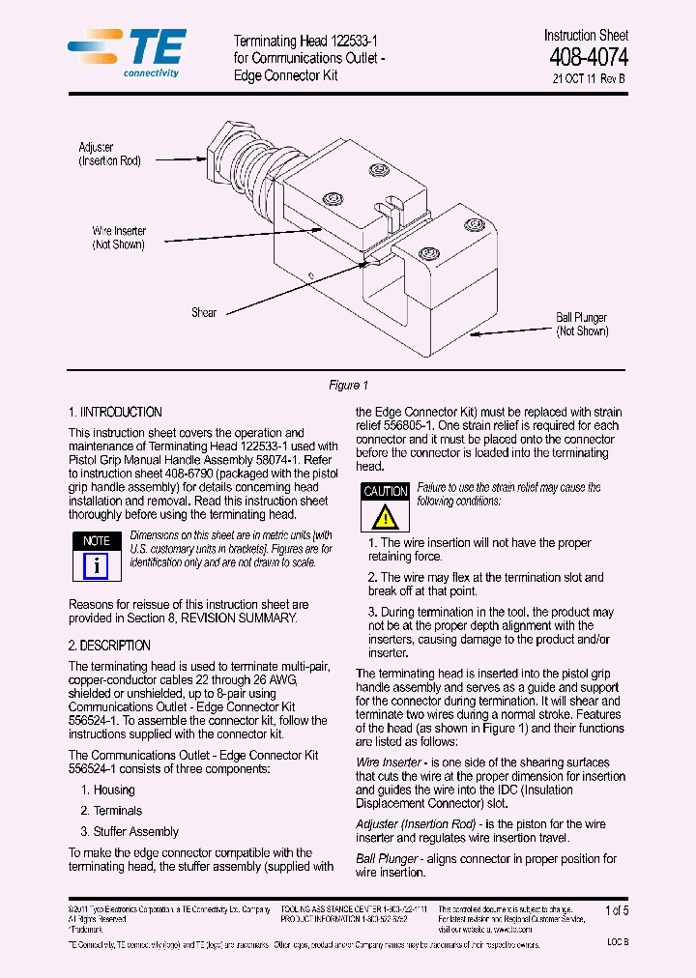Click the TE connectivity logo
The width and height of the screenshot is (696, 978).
(x=128, y=52)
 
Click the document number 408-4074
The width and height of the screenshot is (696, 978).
(x=588, y=58)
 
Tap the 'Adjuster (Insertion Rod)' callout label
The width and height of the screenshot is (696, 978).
(x=109, y=155)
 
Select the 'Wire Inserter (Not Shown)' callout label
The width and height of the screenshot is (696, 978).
(x=118, y=238)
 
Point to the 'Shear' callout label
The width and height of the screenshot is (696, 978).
(x=204, y=312)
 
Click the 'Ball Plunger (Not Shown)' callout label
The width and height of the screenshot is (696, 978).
(x=581, y=324)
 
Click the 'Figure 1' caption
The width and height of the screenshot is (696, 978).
(x=348, y=386)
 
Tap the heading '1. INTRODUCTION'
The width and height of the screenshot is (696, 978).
(x=115, y=413)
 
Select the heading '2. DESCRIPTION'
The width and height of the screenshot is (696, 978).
(x=109, y=646)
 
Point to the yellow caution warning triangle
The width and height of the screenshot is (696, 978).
(x=385, y=516)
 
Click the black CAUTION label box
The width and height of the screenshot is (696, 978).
(x=385, y=491)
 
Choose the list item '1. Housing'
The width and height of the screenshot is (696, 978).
(x=107, y=790)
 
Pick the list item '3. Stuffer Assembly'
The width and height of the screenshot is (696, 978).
(x=130, y=831)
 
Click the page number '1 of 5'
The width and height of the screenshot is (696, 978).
(x=616, y=911)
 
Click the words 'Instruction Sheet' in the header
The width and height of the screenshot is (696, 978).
(x=586, y=36)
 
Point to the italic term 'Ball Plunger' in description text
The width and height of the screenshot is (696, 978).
(x=387, y=858)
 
